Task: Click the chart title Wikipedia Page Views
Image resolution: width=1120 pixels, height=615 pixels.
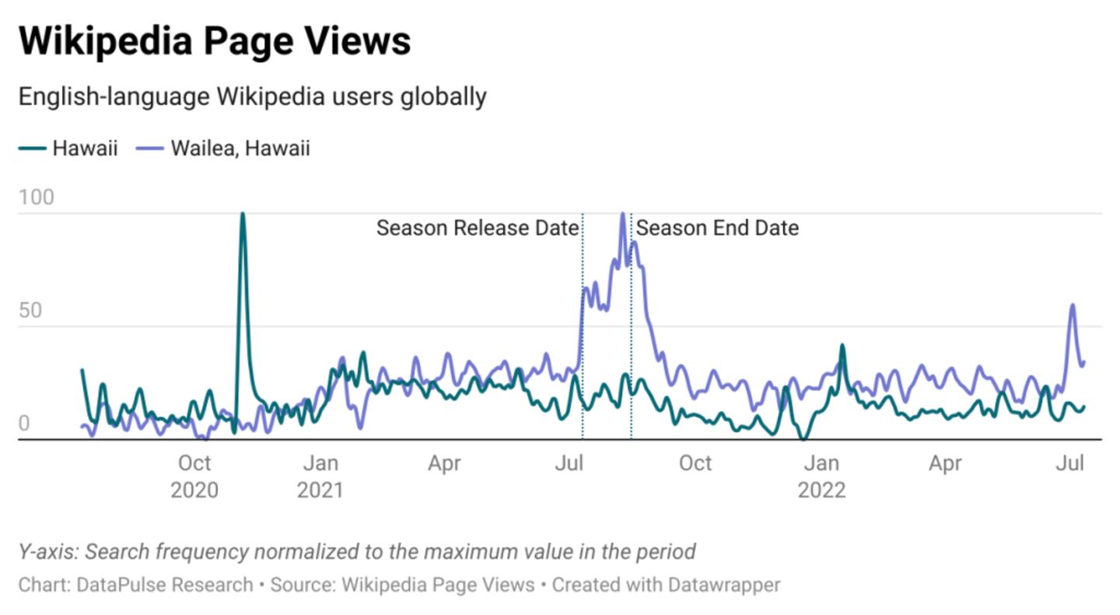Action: pyautogui.click(x=214, y=40)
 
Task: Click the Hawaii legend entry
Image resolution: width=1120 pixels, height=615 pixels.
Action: pyautogui.click(x=85, y=148)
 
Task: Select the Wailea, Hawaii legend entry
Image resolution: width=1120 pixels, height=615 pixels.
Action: pyautogui.click(x=240, y=148)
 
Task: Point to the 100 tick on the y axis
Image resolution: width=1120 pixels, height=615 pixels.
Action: pyautogui.click(x=37, y=198)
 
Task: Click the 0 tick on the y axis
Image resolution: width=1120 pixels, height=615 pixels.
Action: pyautogui.click(x=24, y=424)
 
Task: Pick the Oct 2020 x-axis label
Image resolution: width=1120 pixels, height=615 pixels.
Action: pyautogui.click(x=194, y=476)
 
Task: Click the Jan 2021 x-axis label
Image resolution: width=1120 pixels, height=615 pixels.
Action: pyautogui.click(x=320, y=476)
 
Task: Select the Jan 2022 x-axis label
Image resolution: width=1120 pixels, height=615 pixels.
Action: pyautogui.click(x=821, y=476)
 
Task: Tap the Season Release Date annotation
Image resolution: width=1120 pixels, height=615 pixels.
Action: pyautogui.click(x=478, y=228)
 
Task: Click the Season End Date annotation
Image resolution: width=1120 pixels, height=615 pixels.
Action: pyautogui.click(x=717, y=228)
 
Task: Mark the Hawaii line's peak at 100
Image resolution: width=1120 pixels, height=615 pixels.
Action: pyautogui.click(x=243, y=213)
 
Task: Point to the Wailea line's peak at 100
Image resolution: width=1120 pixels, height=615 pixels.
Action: pyautogui.click(x=622, y=214)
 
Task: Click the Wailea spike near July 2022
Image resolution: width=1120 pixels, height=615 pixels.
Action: pyautogui.click(x=1073, y=305)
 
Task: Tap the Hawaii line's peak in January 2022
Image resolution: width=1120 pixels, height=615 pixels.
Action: pyautogui.click(x=842, y=345)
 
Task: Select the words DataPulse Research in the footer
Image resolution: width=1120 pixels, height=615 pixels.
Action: pyautogui.click(x=165, y=585)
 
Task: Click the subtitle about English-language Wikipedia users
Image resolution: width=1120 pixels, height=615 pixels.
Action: pyautogui.click(x=252, y=97)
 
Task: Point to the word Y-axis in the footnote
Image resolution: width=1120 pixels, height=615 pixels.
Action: pyautogui.click(x=47, y=552)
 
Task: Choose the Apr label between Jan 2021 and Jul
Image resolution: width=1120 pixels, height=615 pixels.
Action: pyautogui.click(x=444, y=464)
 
